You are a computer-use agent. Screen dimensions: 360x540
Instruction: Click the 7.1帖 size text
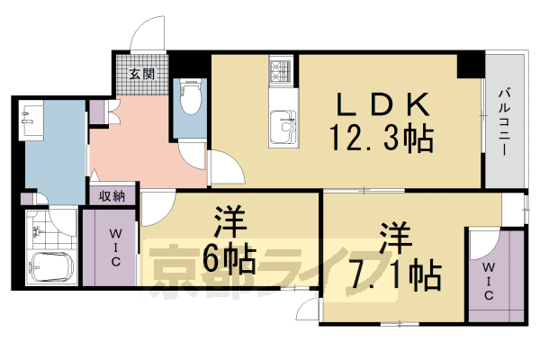tap(397, 273)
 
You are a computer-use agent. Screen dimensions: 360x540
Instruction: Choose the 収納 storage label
tap(112, 196)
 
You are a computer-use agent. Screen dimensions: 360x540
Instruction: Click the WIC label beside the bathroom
tap(116, 247)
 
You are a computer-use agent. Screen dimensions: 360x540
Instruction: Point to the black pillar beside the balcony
tap(468, 65)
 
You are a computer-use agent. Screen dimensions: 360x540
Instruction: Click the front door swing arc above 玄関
tap(144, 36)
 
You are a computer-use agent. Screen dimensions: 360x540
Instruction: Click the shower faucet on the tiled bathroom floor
tap(37, 231)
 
